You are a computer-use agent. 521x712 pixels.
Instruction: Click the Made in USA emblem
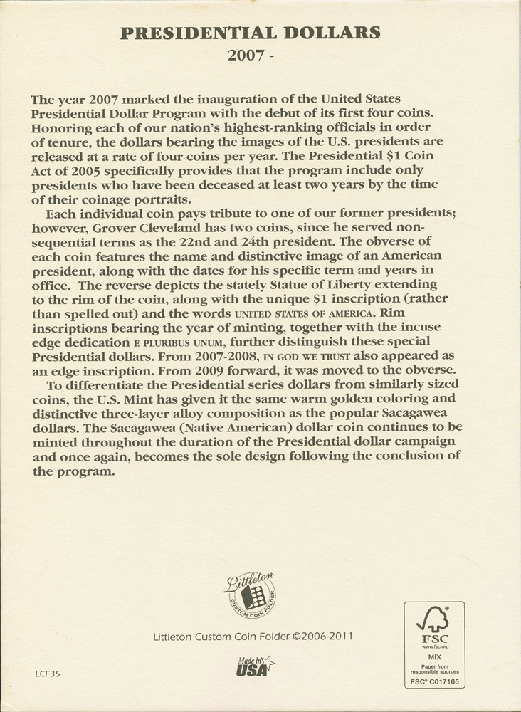click(x=253, y=666)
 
